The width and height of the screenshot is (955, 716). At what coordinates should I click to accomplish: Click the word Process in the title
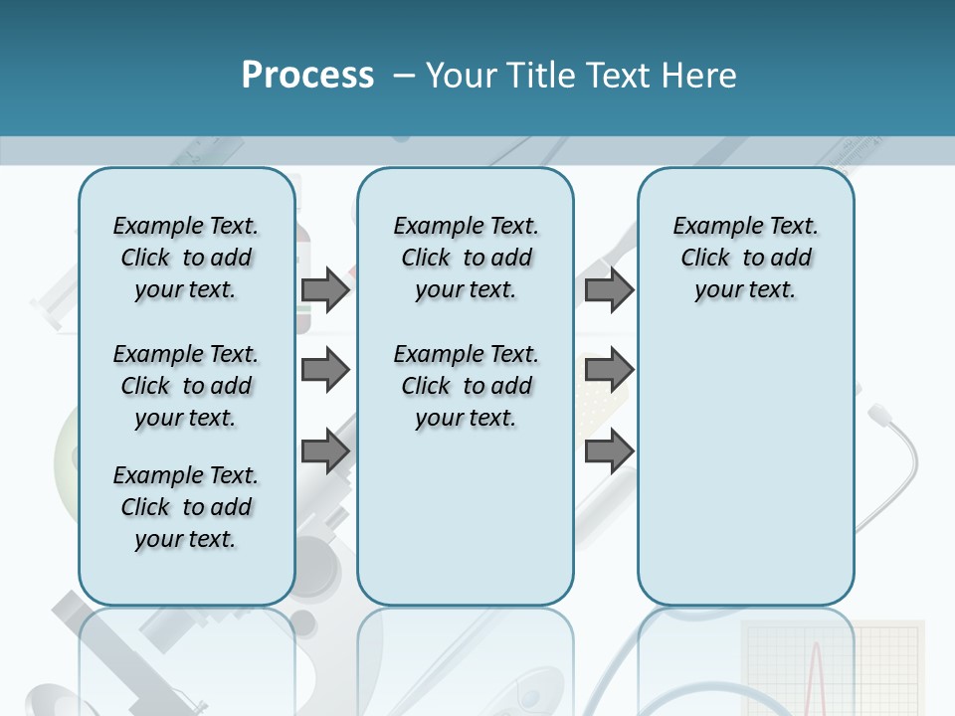click(x=307, y=76)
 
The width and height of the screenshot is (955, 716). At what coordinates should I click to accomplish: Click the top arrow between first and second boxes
click(x=325, y=289)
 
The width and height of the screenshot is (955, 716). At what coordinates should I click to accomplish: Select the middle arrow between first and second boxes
click(x=325, y=370)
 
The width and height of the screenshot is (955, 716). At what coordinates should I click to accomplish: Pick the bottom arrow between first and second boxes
click(x=325, y=451)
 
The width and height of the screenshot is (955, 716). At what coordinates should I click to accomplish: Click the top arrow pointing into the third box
click(x=609, y=289)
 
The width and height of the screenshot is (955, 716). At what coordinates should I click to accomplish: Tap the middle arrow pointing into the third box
click(x=609, y=370)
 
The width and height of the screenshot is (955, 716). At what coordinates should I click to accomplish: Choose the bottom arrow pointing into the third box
click(x=609, y=451)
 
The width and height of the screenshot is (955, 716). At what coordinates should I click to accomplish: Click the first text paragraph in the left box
click(x=186, y=258)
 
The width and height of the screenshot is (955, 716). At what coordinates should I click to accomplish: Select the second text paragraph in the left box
click(x=186, y=386)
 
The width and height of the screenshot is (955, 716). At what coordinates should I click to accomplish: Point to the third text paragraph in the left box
click(x=186, y=507)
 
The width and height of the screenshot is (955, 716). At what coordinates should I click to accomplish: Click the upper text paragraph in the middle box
click(x=466, y=258)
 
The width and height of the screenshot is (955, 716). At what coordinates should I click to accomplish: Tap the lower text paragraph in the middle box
click(x=466, y=386)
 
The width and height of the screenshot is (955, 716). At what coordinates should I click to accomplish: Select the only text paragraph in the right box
click(x=745, y=258)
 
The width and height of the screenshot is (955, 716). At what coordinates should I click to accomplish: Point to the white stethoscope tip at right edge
click(x=878, y=412)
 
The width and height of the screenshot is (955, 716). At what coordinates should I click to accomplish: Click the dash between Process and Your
click(x=404, y=76)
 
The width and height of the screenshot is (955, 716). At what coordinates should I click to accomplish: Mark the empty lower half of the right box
click(x=745, y=477)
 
